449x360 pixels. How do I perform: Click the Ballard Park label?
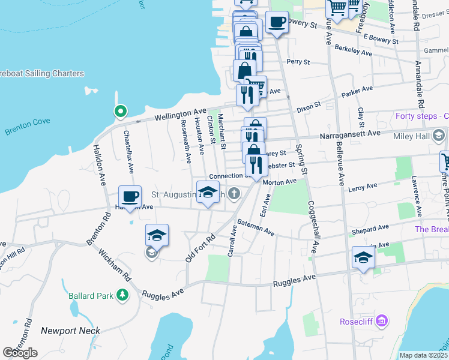click(x=89, y=295)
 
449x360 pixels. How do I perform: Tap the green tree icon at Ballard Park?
click(x=122, y=295)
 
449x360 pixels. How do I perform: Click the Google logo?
click(x=20, y=353)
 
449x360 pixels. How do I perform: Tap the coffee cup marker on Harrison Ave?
click(x=130, y=196)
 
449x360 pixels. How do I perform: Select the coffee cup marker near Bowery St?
click(x=277, y=23)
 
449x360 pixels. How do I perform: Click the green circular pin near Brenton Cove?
click(x=120, y=111)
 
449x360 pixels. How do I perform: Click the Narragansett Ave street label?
click(x=351, y=134)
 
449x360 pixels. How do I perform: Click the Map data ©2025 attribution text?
click(x=423, y=355)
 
